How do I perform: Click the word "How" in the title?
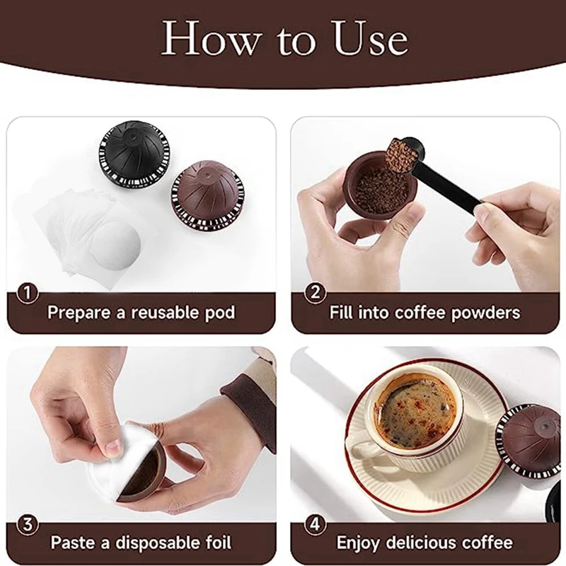(210, 39)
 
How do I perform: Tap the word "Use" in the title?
(371, 39)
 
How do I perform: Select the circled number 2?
(315, 292)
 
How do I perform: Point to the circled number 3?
(27, 524)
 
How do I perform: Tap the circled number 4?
(315, 524)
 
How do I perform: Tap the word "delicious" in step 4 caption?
(418, 543)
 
